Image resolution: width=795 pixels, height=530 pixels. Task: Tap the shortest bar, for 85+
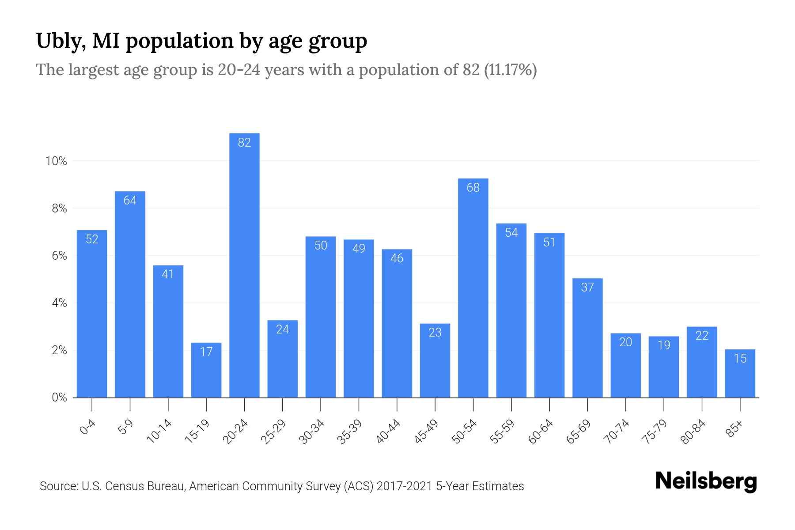click(740, 375)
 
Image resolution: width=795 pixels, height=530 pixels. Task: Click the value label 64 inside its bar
click(130, 201)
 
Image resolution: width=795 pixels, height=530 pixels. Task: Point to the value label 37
click(587, 288)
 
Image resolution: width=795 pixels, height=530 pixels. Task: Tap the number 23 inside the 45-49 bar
click(435, 333)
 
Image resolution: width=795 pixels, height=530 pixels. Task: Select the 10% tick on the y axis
click(56, 161)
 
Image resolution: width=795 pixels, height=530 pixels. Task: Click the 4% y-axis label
click(59, 303)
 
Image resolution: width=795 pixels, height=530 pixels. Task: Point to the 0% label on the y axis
click(59, 397)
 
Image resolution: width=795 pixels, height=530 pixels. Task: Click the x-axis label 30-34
click(312, 432)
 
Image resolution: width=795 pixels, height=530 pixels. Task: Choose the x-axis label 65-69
click(579, 432)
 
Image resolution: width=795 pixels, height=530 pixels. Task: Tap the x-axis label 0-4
click(87, 427)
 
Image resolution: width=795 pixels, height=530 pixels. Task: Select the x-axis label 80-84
click(693, 432)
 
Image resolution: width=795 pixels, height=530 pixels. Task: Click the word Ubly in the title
click(57, 41)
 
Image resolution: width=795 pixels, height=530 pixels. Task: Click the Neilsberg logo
click(706, 481)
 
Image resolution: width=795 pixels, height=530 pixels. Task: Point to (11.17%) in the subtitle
click(510, 70)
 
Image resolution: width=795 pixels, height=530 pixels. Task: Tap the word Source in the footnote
click(58, 486)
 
